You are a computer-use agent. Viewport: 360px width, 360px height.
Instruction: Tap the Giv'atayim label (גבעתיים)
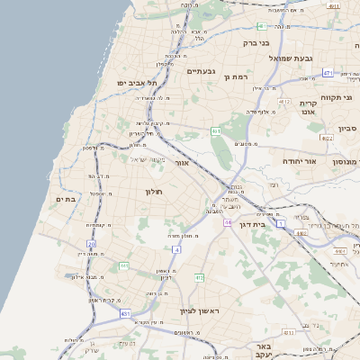tap(201, 70)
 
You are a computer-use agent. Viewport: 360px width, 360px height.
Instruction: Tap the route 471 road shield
tap(328, 73)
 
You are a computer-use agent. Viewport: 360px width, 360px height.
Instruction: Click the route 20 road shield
tap(91, 244)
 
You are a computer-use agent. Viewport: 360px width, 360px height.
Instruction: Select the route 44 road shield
tap(229, 221)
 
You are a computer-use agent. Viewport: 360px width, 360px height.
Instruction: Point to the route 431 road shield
tap(123, 313)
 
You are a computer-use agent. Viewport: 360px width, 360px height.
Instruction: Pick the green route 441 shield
tap(124, 266)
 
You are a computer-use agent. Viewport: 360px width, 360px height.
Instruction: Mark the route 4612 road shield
tap(284, 102)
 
